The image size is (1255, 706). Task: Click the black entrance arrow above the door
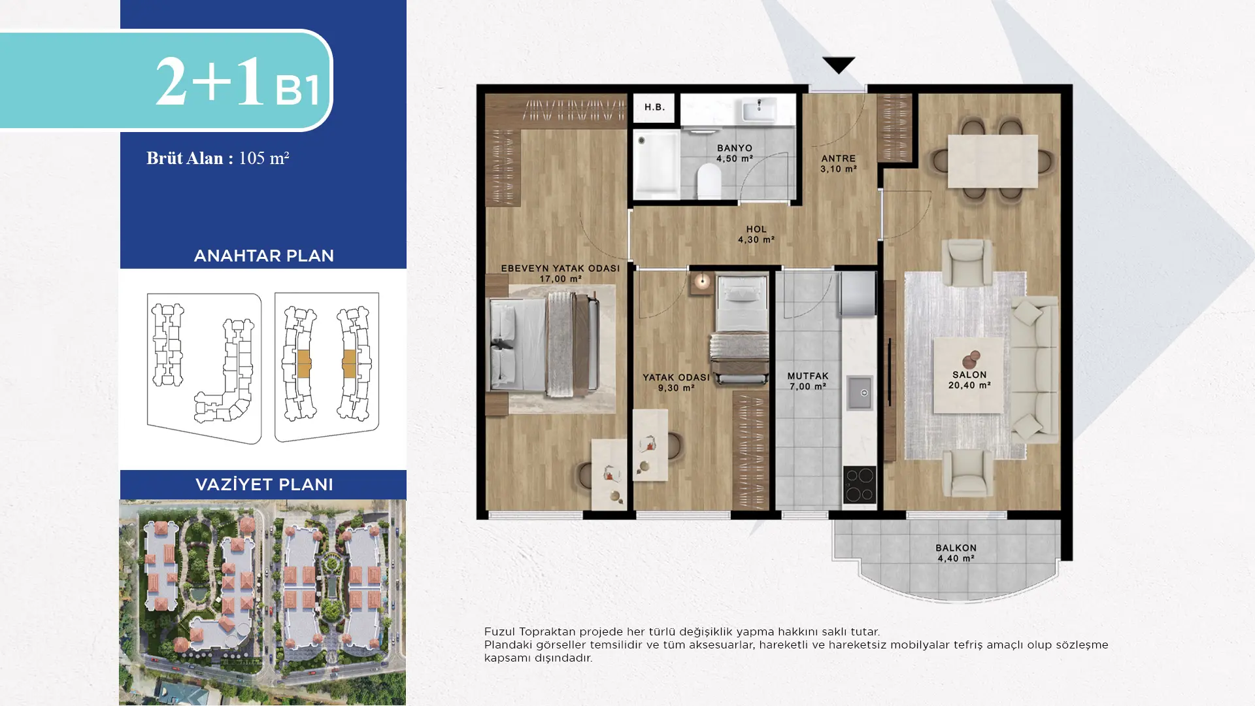click(839, 65)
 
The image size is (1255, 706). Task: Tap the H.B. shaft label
click(654, 107)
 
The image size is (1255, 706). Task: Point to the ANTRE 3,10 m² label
click(839, 163)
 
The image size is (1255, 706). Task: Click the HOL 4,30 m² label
click(756, 234)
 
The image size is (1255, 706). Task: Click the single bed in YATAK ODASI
click(741, 329)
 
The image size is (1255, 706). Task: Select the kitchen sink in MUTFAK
click(859, 392)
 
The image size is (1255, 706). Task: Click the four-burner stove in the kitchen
click(859, 484)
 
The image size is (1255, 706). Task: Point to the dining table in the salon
click(992, 161)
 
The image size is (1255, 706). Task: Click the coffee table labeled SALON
click(968, 375)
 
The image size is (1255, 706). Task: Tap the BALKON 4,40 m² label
click(956, 553)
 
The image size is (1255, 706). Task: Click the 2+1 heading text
click(210, 82)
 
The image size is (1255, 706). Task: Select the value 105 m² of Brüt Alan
click(264, 158)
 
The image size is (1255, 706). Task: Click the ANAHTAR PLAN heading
click(264, 256)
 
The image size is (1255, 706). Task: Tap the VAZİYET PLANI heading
click(264, 484)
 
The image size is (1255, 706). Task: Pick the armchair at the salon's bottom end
click(968, 473)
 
